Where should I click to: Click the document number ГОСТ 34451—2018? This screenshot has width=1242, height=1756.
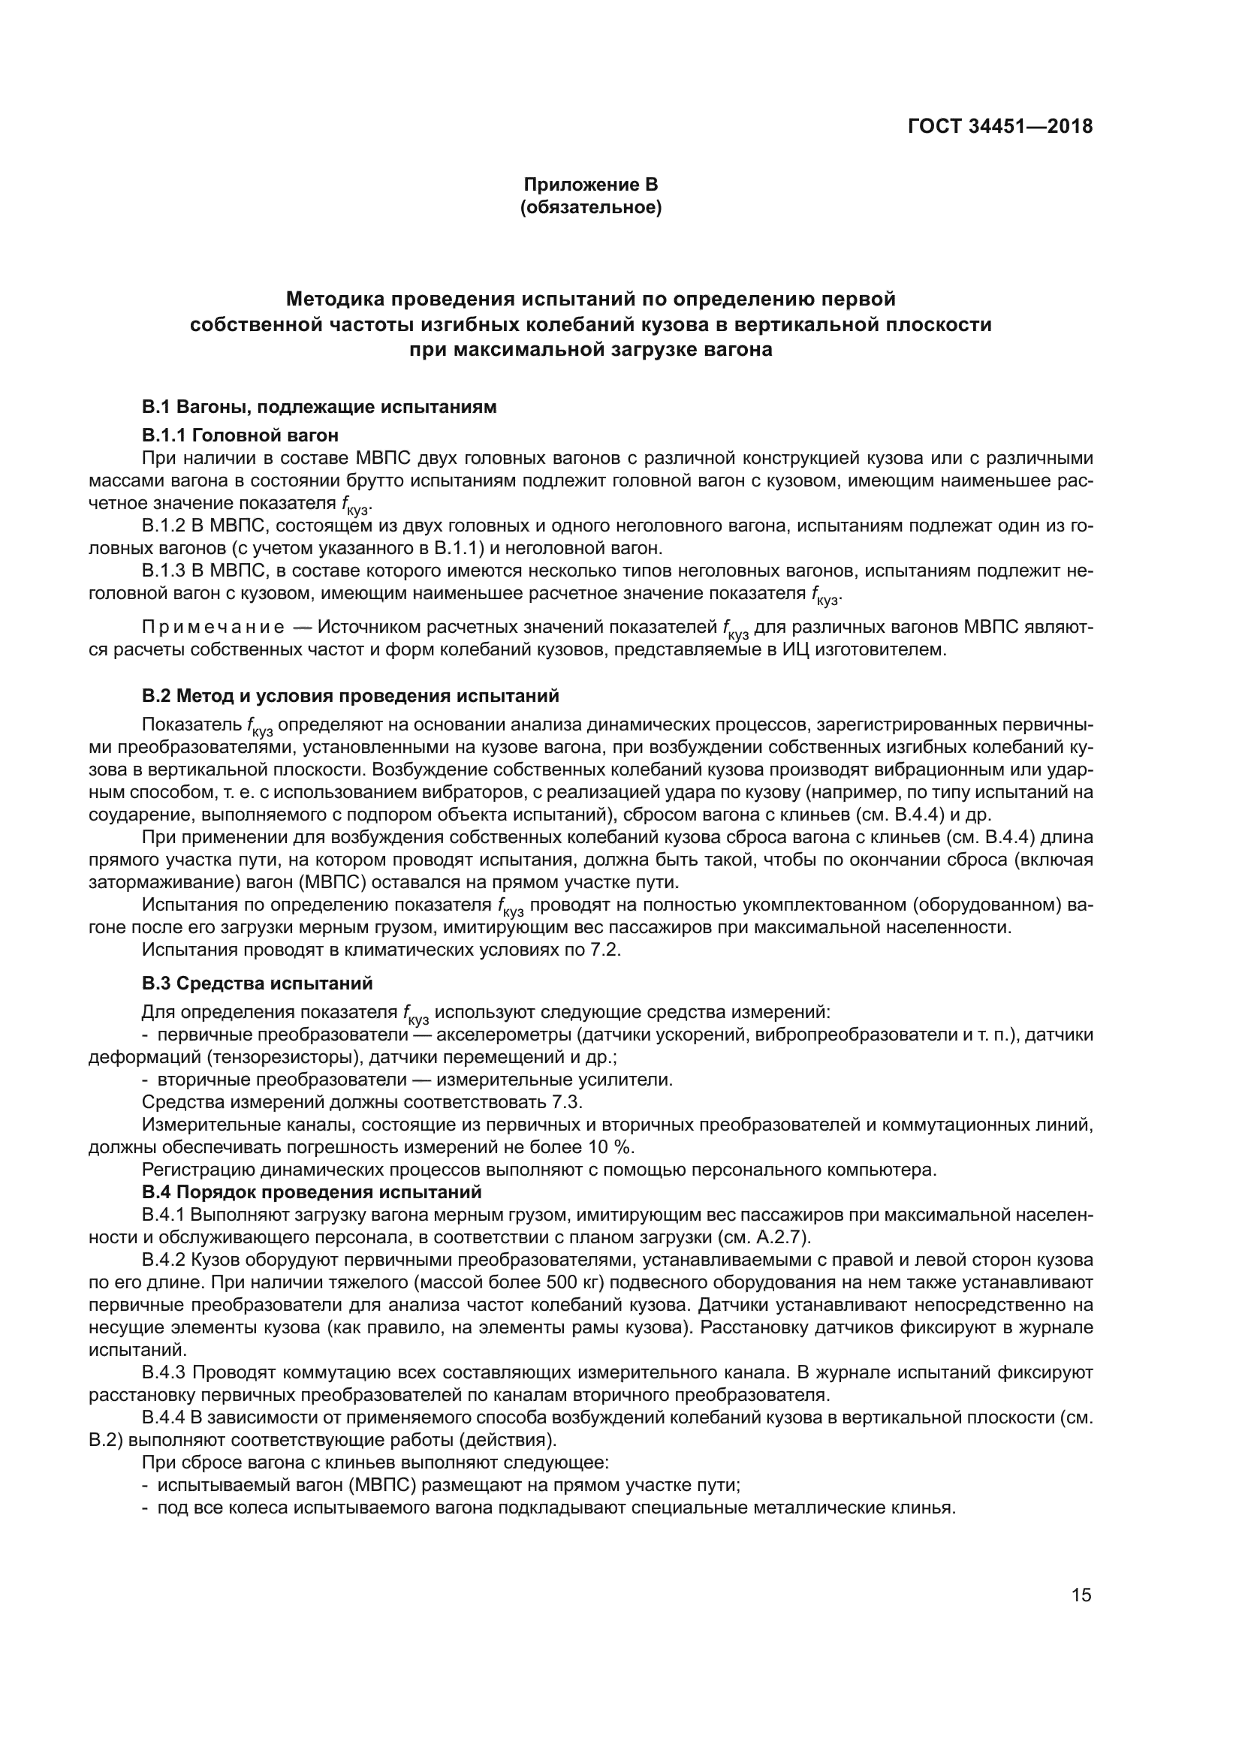pos(999,127)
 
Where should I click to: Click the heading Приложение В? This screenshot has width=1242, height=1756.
pos(590,185)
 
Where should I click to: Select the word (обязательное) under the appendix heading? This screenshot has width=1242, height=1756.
pos(590,207)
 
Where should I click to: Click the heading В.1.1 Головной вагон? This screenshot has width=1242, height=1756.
pos(240,435)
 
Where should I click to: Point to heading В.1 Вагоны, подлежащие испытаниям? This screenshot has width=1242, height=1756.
pos(319,407)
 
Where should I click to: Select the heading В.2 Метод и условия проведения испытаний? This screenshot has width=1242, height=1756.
pos(350,696)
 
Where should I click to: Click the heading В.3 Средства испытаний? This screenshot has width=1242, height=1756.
pos(257,983)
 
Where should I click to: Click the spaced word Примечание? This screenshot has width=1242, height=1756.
pos(213,628)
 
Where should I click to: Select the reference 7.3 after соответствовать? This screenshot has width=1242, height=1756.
pos(568,1102)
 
